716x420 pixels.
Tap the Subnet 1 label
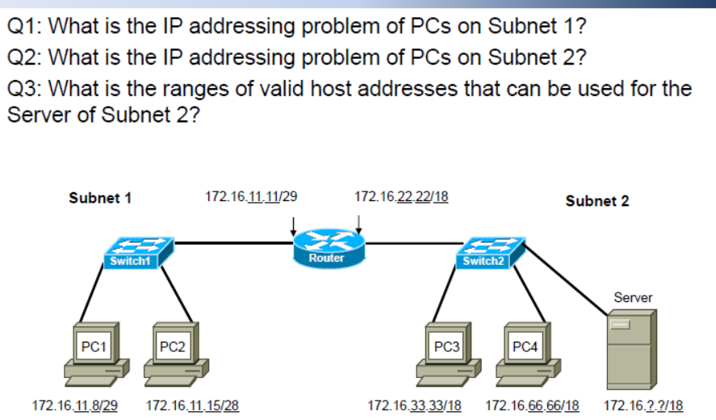tap(100, 197)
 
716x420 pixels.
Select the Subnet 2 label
tap(597, 200)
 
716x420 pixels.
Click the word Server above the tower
tap(633, 297)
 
